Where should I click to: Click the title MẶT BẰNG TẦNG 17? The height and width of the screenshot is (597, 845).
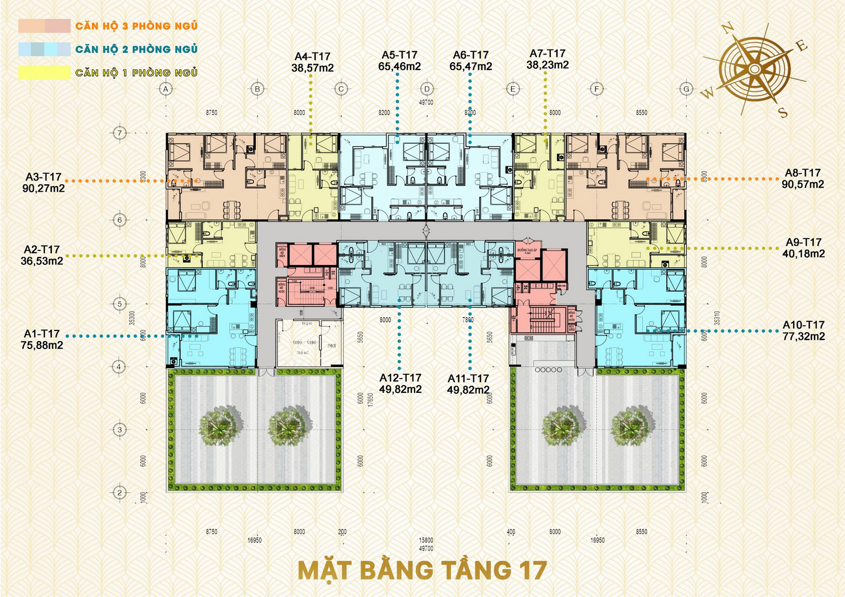pyautogui.click(x=422, y=571)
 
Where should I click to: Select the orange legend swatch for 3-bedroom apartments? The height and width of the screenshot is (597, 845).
pyautogui.click(x=44, y=26)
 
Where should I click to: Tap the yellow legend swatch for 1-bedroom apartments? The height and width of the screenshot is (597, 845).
pyautogui.click(x=44, y=73)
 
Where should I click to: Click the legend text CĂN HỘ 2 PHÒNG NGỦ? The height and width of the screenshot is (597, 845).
pyautogui.click(x=136, y=50)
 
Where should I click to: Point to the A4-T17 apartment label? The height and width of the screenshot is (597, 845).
pyautogui.click(x=312, y=56)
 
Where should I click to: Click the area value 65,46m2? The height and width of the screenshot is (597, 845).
pyautogui.click(x=399, y=67)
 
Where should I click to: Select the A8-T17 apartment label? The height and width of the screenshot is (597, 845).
pyautogui.click(x=803, y=173)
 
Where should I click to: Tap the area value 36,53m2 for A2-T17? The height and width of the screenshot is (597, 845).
pyautogui.click(x=42, y=261)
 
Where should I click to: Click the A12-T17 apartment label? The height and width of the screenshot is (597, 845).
pyautogui.click(x=400, y=378)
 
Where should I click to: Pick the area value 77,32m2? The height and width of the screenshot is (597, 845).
pyautogui.click(x=803, y=337)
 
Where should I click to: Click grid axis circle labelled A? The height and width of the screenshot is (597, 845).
pyautogui.click(x=166, y=89)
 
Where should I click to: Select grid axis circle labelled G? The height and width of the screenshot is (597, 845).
pyautogui.click(x=686, y=89)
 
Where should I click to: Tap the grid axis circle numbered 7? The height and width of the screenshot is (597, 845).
pyautogui.click(x=119, y=133)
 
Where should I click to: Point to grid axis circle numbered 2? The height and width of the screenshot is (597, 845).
pyautogui.click(x=119, y=492)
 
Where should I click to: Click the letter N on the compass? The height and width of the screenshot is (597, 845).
pyautogui.click(x=727, y=28)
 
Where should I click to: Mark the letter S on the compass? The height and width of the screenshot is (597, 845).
pyautogui.click(x=783, y=112)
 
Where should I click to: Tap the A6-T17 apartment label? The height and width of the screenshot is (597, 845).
pyautogui.click(x=470, y=55)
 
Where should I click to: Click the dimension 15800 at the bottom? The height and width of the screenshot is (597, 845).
pyautogui.click(x=426, y=540)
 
